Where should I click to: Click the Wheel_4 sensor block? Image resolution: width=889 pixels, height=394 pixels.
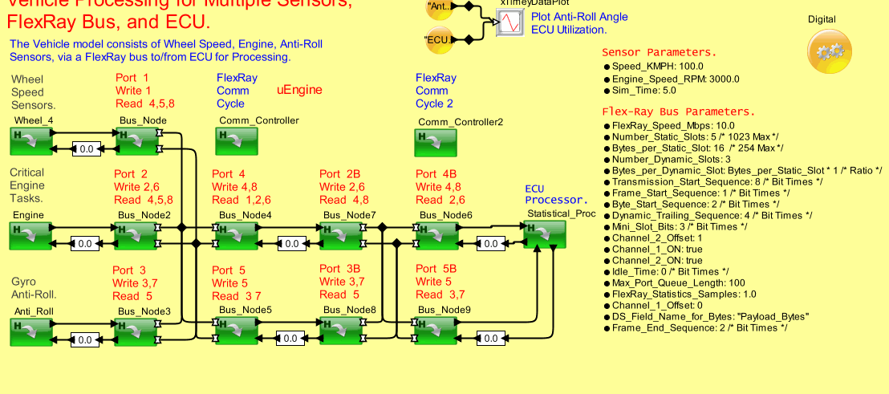[30, 141]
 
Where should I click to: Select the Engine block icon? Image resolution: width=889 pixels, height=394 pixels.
[30, 236]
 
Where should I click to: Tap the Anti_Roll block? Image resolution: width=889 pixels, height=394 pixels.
[30, 331]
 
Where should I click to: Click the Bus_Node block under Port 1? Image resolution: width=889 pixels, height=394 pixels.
[137, 141]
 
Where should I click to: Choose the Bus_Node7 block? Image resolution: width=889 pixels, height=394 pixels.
[340, 236]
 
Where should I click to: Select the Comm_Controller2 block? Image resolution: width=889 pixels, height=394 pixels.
[435, 142]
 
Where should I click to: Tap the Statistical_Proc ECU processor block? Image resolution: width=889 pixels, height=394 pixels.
[545, 235]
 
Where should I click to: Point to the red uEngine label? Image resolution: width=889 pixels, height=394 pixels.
[299, 91]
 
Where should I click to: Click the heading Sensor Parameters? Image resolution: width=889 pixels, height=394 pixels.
[659, 52]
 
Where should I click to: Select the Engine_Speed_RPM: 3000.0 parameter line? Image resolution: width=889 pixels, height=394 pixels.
[676, 79]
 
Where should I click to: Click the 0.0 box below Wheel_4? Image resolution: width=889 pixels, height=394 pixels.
[85, 148]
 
